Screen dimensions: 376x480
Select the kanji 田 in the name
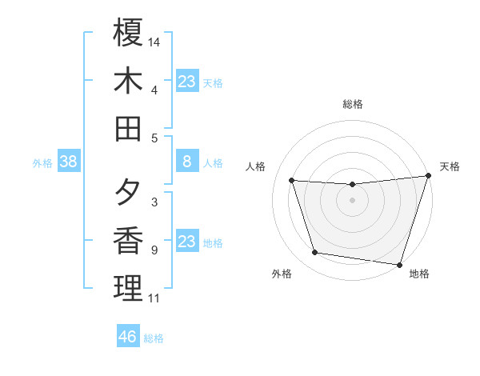pos(128,128)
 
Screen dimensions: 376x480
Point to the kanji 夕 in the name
pos(128,193)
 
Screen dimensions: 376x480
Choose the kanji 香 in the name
pos(128,240)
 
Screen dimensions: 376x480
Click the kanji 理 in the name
pos(128,288)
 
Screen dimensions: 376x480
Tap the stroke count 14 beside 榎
pos(154,41)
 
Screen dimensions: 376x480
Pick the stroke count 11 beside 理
pos(154,298)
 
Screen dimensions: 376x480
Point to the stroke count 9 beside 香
pos(154,250)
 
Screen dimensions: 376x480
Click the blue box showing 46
pos(128,337)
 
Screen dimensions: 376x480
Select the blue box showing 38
pos(69,162)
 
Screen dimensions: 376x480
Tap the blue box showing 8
pos(187,162)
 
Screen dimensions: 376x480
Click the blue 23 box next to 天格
pos(187,82)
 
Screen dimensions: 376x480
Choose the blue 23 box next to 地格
pos(187,242)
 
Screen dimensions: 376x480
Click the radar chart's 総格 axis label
pos(353,104)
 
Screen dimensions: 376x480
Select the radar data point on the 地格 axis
pos(399,264)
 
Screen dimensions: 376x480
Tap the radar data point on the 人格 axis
pos(292,181)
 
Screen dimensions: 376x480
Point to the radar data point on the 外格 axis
pos(315,253)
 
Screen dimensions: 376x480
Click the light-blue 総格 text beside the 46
pos(154,338)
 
